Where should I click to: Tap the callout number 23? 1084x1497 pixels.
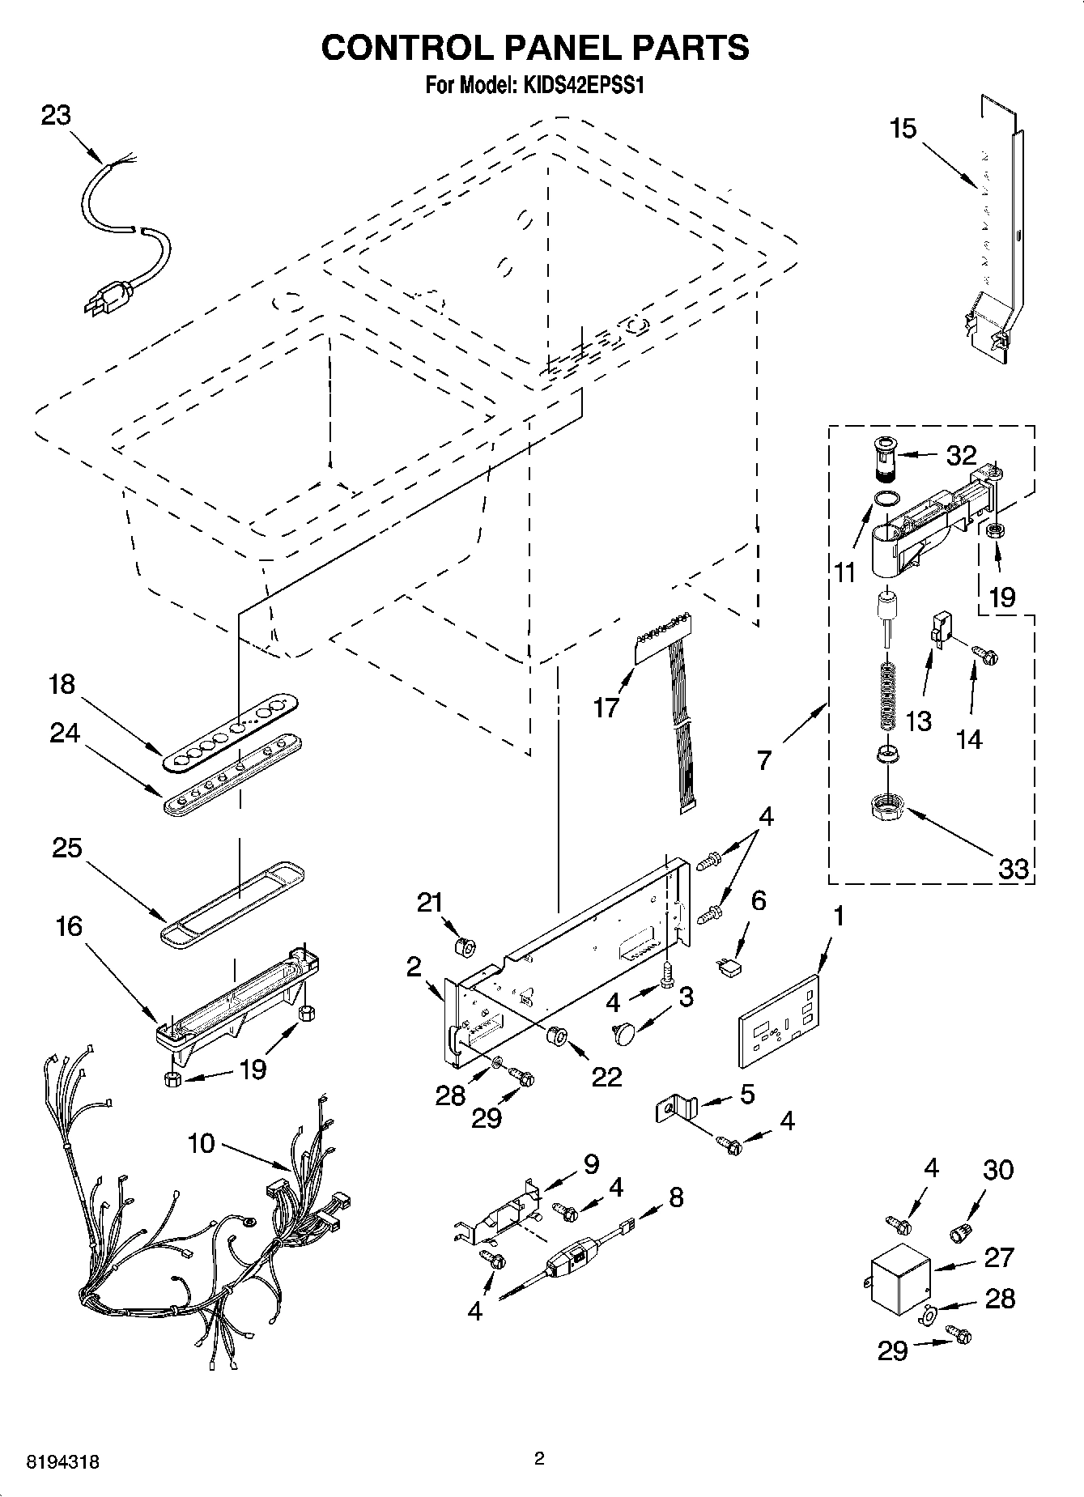pos(56,116)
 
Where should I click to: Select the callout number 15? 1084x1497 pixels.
pos(903,128)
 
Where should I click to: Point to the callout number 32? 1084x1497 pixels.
pos(961,455)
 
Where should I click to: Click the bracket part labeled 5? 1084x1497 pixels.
pos(676,1108)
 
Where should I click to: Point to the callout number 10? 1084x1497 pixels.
pos(201,1143)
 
